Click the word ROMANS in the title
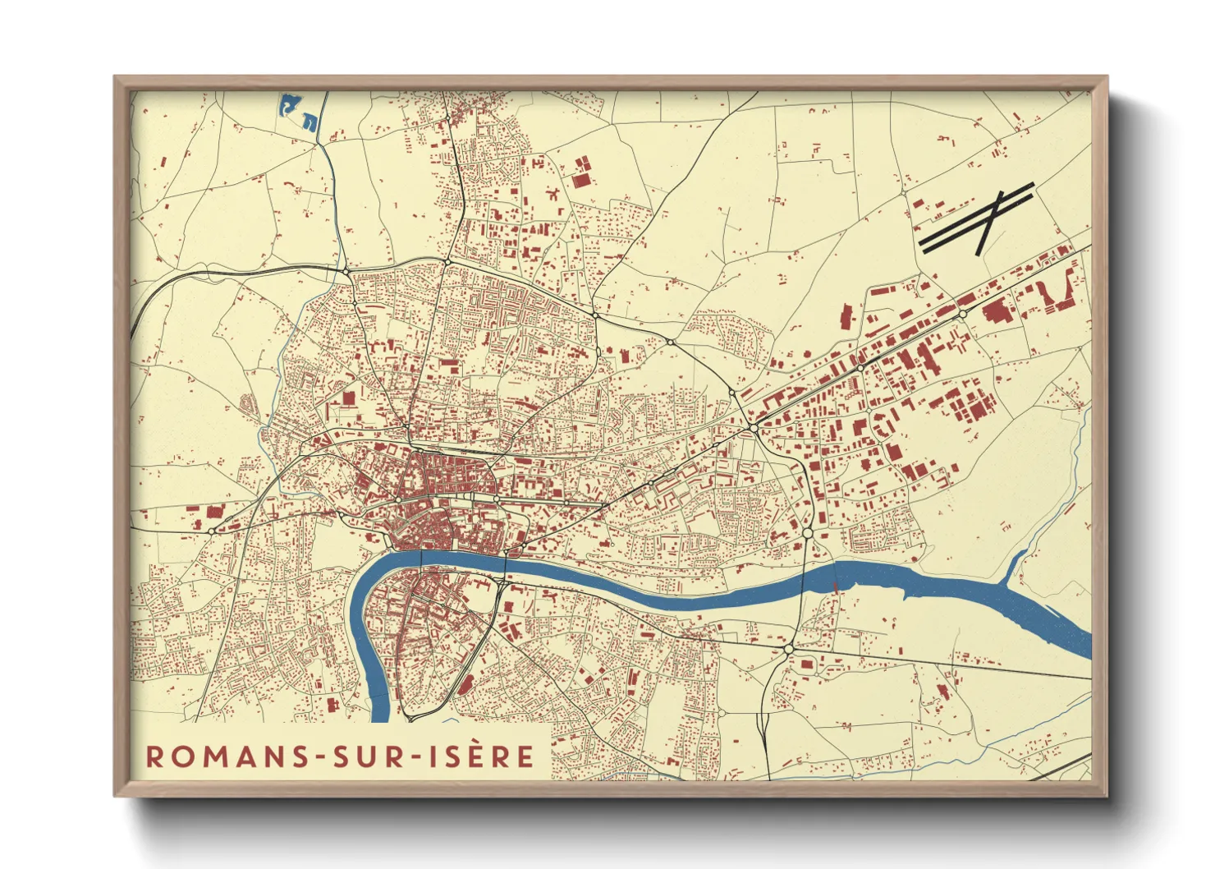click(x=223, y=756)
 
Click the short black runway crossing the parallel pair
click(x=991, y=223)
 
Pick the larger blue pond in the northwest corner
click(x=289, y=105)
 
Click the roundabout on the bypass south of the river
click(x=788, y=649)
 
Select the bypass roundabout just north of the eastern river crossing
click(x=808, y=533)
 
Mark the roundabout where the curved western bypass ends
click(x=346, y=270)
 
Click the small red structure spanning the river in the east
click(x=836, y=586)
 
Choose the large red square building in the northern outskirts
click(x=581, y=180)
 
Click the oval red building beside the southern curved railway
click(x=465, y=684)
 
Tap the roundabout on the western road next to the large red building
click(x=212, y=531)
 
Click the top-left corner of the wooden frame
click(x=115, y=77)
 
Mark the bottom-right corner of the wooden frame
click(x=1107, y=796)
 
